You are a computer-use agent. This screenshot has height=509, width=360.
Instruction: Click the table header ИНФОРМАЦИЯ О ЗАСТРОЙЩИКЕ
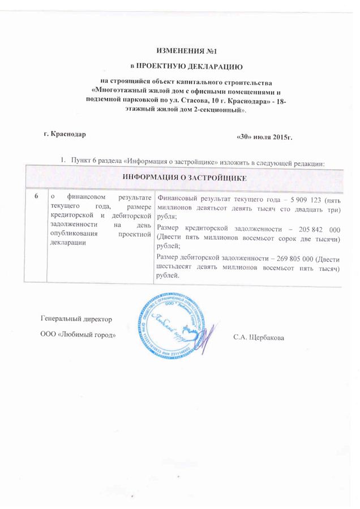click(x=185, y=177)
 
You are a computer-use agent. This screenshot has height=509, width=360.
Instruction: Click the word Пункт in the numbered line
click(x=82, y=163)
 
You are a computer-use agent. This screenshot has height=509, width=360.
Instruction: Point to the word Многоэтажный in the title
click(x=123, y=91)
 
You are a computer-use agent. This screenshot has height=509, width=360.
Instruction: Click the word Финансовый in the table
click(x=175, y=198)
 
